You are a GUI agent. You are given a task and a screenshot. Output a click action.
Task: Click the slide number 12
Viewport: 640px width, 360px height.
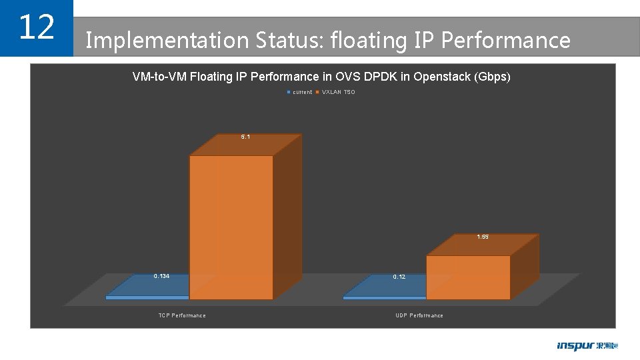(36, 27)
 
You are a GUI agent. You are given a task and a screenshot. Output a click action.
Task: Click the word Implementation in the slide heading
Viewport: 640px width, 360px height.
(167, 41)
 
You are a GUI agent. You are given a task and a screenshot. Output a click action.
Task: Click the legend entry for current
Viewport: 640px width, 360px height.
(299, 92)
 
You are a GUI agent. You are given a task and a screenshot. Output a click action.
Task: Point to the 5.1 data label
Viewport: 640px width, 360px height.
(245, 137)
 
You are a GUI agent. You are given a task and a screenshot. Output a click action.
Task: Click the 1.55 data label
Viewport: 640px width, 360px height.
(483, 237)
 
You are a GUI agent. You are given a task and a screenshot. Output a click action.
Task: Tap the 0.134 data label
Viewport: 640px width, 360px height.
(161, 275)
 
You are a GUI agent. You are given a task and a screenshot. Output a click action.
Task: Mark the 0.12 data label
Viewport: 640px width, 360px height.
(399, 276)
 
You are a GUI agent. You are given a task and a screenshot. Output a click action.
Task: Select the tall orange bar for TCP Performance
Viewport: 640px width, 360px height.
(231, 227)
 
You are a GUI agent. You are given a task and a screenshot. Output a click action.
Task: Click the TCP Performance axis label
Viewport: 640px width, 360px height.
(182, 315)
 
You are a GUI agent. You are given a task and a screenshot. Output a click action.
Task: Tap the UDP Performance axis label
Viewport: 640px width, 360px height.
(419, 315)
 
